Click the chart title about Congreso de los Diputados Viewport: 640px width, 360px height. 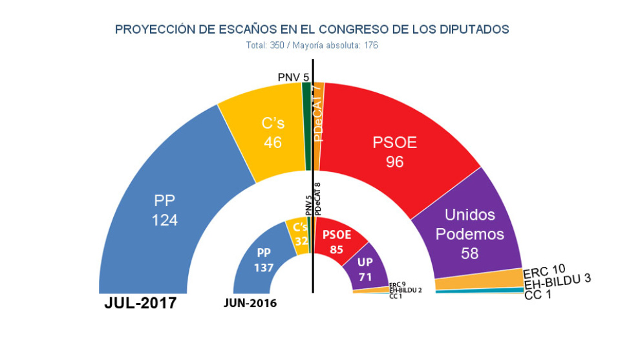[312, 30]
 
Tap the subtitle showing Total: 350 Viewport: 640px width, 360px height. [312, 46]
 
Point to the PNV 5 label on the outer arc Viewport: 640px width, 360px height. [293, 78]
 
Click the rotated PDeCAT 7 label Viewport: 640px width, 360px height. [317, 113]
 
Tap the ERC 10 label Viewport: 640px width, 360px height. [544, 270]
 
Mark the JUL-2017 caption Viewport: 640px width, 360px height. [140, 304]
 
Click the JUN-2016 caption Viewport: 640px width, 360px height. [250, 303]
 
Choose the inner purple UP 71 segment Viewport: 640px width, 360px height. [366, 268]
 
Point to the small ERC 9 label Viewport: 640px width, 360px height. [397, 284]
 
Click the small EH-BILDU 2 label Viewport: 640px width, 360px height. [405, 290]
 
